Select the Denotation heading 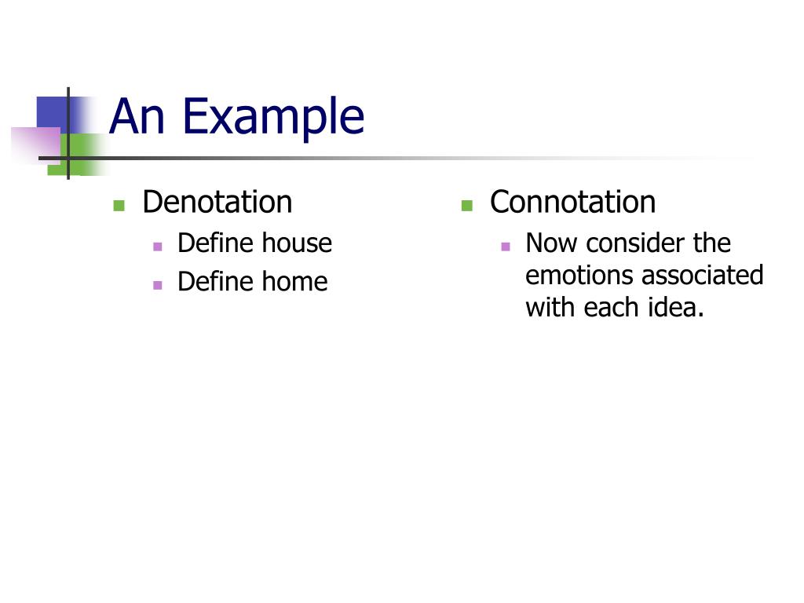tap(217, 203)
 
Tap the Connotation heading tap(572, 203)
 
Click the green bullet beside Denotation tap(119, 206)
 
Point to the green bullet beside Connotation tap(466, 206)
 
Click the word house tap(297, 243)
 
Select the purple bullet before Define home tap(158, 285)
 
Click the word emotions tap(579, 276)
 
